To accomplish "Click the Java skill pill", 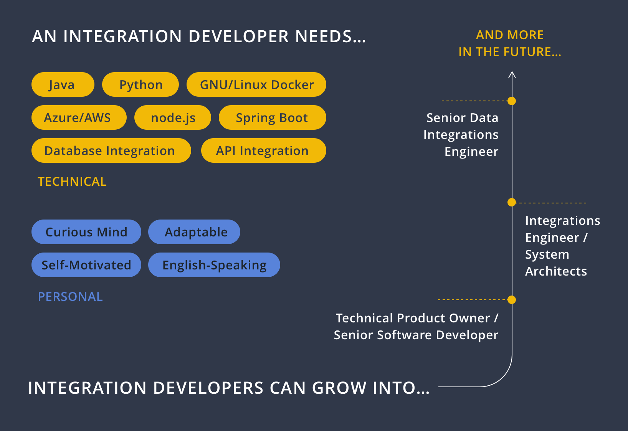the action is (63, 84).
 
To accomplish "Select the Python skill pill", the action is (140, 84).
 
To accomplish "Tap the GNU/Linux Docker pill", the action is (256, 84).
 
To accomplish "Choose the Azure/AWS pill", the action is (79, 117).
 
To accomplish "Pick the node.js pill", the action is (173, 117).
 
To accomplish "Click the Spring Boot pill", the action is (273, 117).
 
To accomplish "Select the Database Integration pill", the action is (111, 150).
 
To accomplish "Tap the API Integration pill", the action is (264, 150).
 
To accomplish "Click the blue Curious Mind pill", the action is (86, 232).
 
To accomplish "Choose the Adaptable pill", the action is (194, 232).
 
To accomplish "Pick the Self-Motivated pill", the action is (86, 265).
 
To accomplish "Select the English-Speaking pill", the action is (214, 265).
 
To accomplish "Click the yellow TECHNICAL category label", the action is (72, 182).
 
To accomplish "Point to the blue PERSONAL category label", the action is (70, 297).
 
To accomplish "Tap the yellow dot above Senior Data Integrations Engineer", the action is (512, 101).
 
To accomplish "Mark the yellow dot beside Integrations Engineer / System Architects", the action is (512, 202).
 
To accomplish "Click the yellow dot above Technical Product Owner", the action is (512, 300).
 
